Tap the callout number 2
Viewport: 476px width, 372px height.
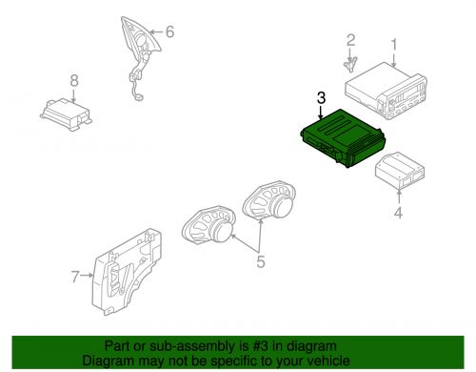[x=350, y=40]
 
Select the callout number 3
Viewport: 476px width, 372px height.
[x=321, y=98]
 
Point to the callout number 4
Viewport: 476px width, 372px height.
[x=398, y=214]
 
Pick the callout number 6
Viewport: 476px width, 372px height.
[x=169, y=31]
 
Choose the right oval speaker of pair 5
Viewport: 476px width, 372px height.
[x=270, y=204]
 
